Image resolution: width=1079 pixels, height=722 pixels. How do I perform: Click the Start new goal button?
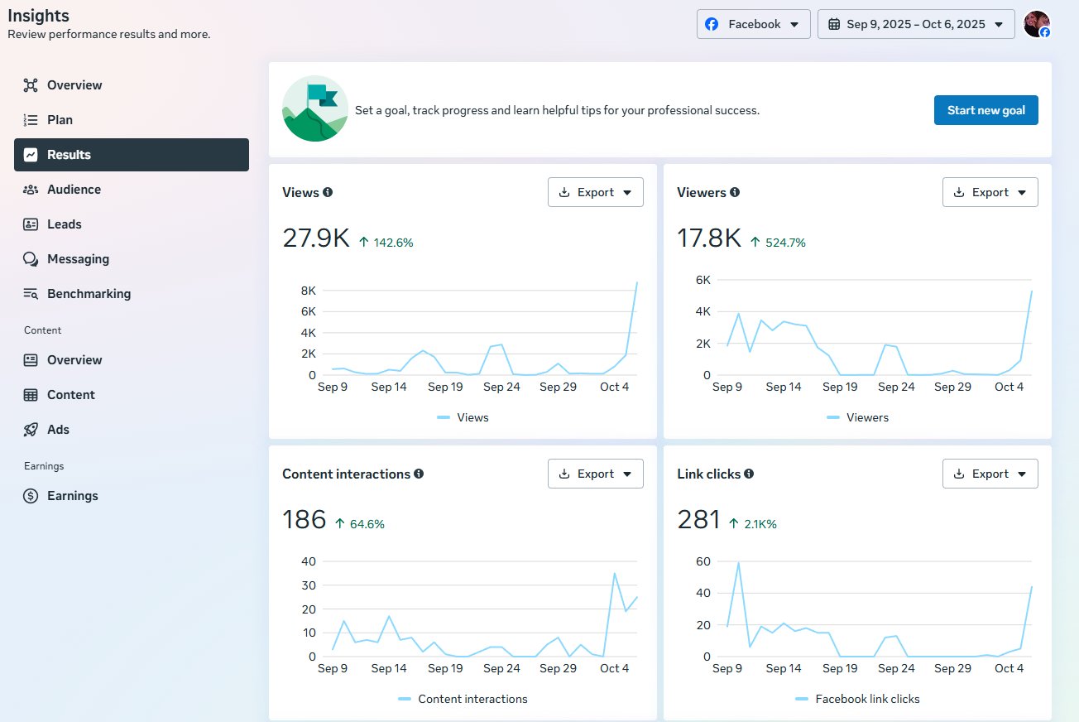click(x=985, y=110)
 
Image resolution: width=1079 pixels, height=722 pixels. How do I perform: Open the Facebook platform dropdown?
click(x=753, y=24)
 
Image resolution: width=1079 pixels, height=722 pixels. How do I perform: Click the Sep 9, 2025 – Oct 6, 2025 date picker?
click(x=915, y=24)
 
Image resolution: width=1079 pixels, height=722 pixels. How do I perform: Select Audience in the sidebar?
click(x=74, y=190)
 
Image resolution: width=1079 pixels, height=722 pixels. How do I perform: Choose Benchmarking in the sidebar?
click(x=89, y=294)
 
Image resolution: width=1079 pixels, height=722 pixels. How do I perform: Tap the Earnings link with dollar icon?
click(x=72, y=496)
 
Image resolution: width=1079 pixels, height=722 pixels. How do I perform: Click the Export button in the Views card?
click(x=595, y=192)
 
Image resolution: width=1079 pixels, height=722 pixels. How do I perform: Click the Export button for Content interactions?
click(x=595, y=474)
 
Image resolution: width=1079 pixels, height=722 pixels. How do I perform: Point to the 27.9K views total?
click(x=316, y=238)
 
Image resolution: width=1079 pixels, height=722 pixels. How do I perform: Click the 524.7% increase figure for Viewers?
click(x=784, y=243)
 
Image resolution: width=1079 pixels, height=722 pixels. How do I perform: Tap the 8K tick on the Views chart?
click(x=308, y=291)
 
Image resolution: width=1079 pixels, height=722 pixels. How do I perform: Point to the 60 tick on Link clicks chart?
click(x=703, y=561)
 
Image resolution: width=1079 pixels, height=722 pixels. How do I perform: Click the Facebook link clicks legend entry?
click(x=866, y=699)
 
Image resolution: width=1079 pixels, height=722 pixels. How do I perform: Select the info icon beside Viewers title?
click(x=735, y=192)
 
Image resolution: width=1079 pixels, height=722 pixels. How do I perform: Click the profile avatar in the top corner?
click(x=1037, y=24)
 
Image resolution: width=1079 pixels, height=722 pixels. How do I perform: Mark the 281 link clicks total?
click(x=699, y=520)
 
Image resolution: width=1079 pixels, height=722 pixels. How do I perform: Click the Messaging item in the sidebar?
click(x=78, y=259)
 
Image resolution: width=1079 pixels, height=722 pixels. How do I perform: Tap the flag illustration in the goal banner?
click(x=315, y=108)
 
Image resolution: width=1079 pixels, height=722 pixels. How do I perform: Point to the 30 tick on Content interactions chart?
click(x=308, y=585)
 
